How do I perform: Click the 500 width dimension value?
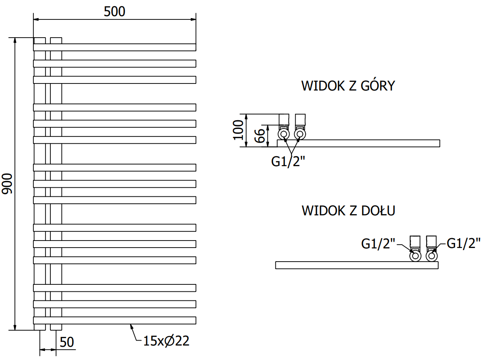coord(114,12)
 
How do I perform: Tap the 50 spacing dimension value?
coord(66,342)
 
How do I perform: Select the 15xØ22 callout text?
coord(166,341)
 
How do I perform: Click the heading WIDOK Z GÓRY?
coord(348,86)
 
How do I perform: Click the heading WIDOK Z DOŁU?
coord(349,210)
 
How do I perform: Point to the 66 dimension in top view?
coord(259,135)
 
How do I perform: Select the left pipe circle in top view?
coord(284,134)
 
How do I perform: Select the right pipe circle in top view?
coord(300,134)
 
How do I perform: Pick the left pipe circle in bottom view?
coord(415,256)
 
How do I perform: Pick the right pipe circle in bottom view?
coord(432,256)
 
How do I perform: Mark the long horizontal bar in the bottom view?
coord(357,265)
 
